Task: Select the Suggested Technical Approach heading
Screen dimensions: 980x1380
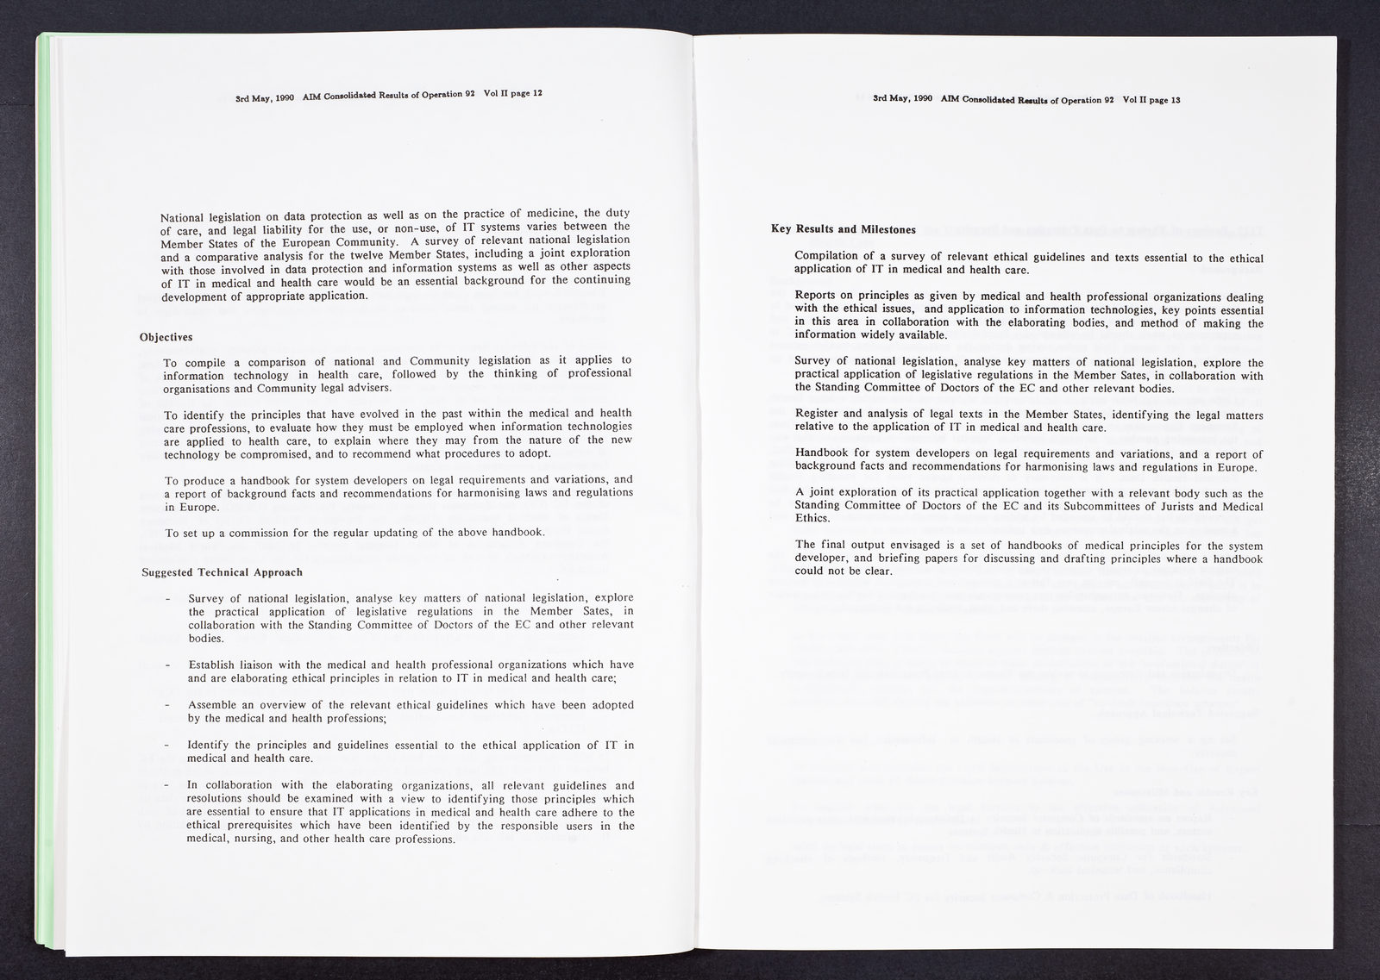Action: [x=221, y=572]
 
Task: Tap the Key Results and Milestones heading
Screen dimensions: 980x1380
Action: [x=843, y=229]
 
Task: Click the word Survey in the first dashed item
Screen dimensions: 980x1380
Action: [x=206, y=598]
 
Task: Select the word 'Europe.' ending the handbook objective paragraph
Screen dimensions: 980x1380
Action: [x=181, y=508]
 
